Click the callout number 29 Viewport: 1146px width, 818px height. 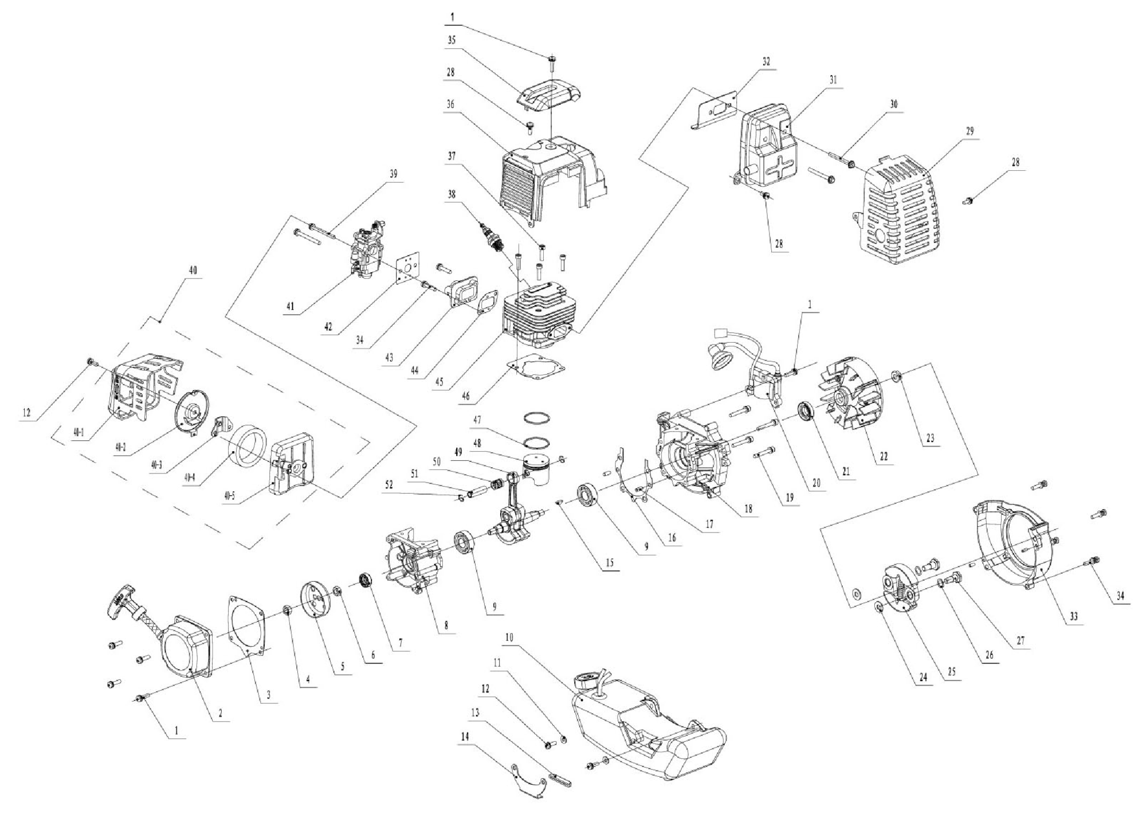coord(969,131)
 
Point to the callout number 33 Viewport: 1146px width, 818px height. coord(1073,617)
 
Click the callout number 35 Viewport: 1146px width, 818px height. coord(452,40)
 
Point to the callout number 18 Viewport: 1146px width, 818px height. coord(748,508)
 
